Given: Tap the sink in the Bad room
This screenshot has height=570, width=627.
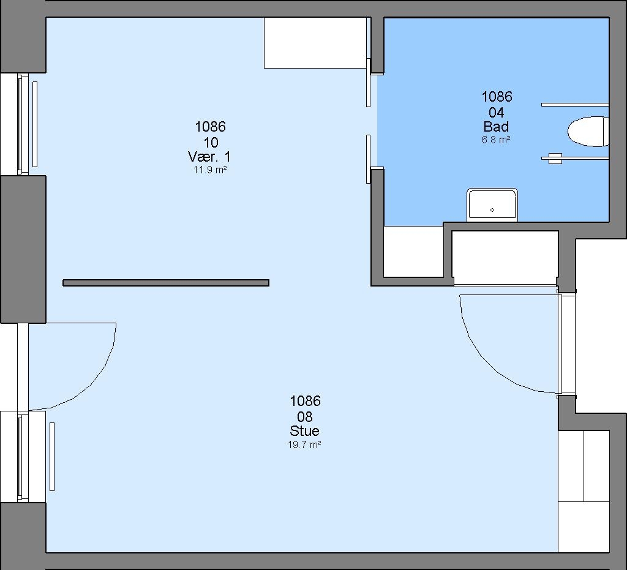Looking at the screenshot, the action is tap(492, 204).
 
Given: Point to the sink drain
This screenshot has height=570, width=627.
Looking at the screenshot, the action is tap(492, 210).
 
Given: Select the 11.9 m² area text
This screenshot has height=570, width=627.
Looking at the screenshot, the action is tap(211, 170).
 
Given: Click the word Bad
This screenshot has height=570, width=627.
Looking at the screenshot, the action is tap(496, 127).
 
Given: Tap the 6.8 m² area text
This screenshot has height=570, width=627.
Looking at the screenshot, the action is tap(496, 140).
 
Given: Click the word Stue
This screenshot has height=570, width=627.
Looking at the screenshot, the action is tap(305, 431).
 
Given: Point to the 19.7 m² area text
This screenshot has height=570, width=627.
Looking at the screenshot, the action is tap(305, 444).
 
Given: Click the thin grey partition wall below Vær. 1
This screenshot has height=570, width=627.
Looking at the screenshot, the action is tap(166, 283).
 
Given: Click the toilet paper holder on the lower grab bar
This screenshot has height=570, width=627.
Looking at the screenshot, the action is tap(555, 159).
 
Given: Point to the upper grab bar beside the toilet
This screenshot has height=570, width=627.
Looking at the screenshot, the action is tap(575, 105).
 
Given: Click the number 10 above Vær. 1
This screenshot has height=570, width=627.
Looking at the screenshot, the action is tap(211, 142).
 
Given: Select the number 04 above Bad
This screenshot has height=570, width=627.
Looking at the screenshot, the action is tap(496, 112).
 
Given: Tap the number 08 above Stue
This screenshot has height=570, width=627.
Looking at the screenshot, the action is tap(305, 417).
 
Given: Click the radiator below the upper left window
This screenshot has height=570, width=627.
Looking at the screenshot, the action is tap(35, 124).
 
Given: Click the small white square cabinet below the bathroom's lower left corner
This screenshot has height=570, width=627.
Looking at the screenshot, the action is tap(413, 252).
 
